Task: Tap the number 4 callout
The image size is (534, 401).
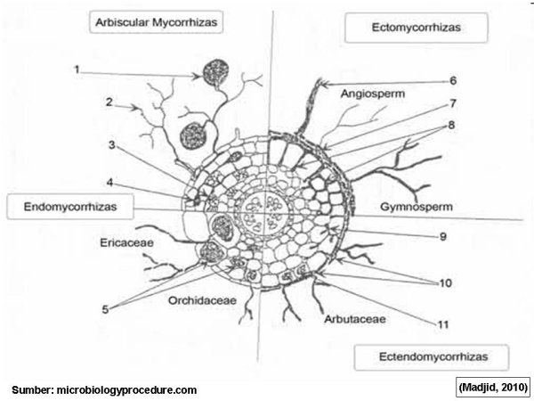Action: click(109, 184)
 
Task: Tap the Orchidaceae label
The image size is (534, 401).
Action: click(202, 300)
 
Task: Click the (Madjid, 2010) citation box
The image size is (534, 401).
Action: click(492, 387)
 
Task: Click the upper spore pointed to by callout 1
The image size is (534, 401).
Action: click(214, 70)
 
